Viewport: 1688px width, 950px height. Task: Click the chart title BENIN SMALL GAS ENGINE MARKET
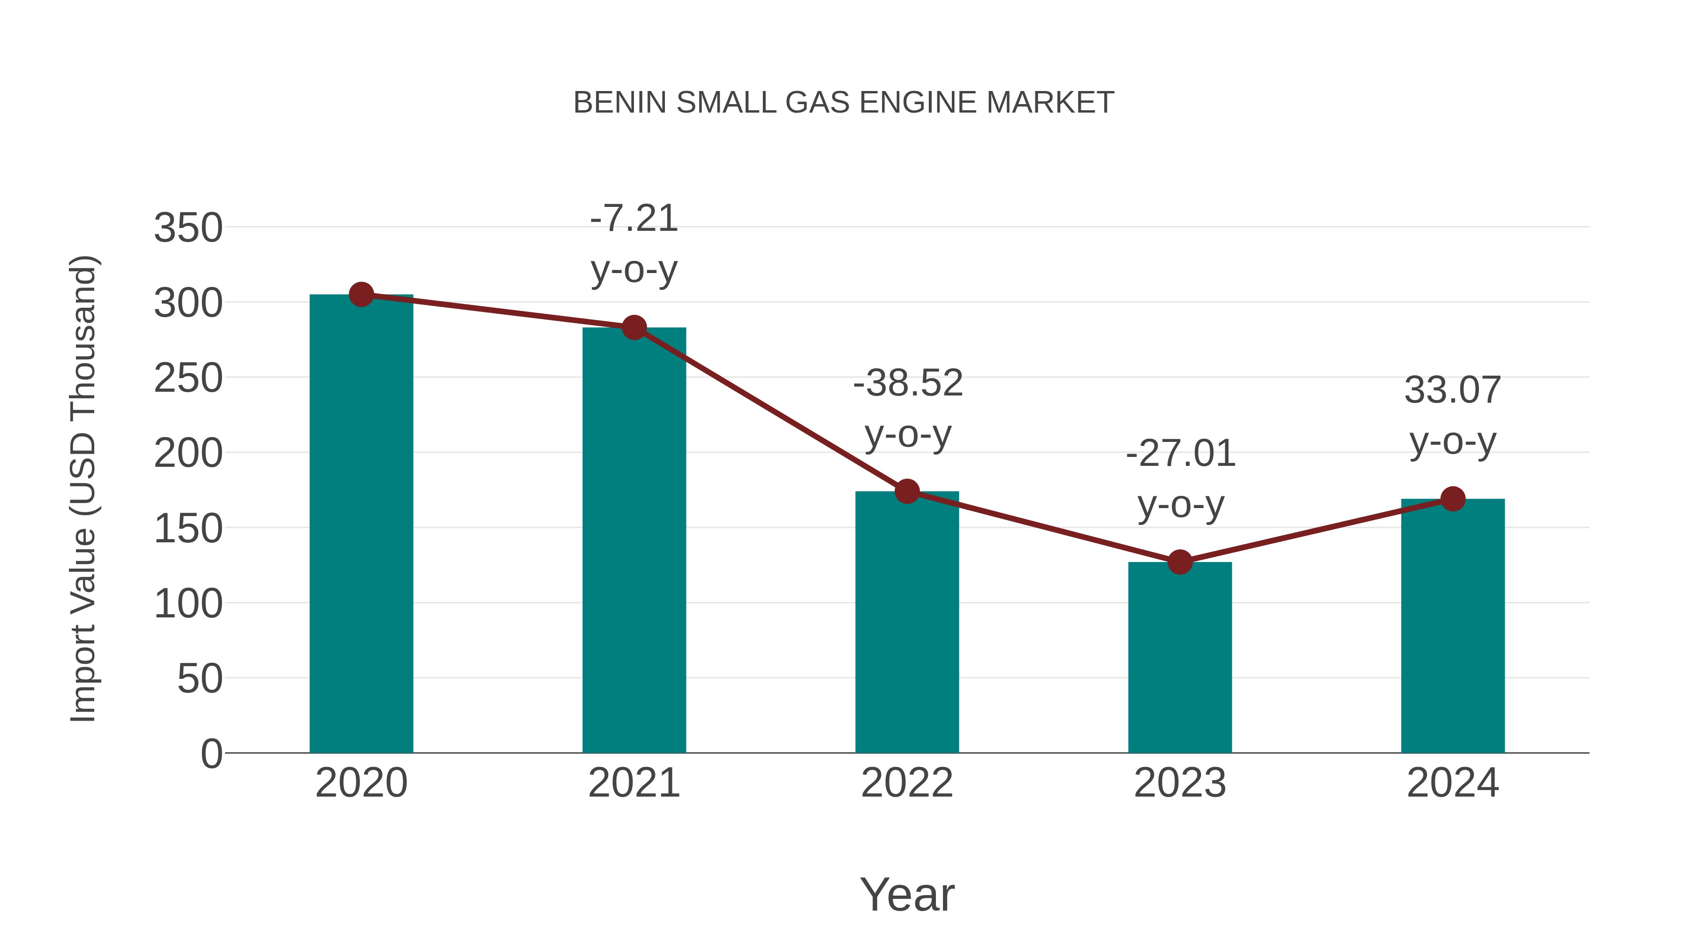point(844,103)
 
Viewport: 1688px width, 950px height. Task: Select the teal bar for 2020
point(361,524)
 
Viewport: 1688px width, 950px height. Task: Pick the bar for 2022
point(907,623)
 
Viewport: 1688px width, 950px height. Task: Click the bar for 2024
point(1453,626)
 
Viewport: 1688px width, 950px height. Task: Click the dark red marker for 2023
point(1180,562)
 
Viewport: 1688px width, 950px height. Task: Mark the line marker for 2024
point(1453,499)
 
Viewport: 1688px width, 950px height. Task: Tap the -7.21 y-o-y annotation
point(633,244)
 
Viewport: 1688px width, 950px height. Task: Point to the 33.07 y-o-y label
point(1453,416)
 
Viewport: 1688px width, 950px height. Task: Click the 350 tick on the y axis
point(188,229)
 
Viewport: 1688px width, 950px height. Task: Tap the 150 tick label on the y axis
point(188,529)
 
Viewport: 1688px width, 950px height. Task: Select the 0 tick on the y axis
point(211,754)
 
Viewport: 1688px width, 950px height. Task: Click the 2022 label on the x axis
point(907,783)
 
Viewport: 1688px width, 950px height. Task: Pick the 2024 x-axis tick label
point(1453,783)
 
